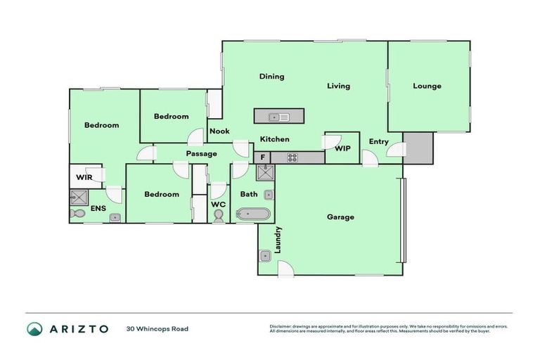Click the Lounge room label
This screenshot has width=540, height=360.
tap(427, 86)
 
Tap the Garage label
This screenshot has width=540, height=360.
tap(340, 217)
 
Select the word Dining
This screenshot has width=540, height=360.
tap(271, 77)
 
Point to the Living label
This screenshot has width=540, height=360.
tap(338, 86)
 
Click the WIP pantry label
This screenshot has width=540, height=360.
tap(342, 149)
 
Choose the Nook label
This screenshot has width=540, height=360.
tap(219, 131)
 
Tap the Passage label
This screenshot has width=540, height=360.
tap(201, 153)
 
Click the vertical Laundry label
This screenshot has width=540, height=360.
tap(278, 240)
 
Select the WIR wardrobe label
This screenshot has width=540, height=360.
tap(84, 177)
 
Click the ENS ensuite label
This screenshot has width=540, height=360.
tap(98, 209)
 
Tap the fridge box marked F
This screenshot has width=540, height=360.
tap(263, 157)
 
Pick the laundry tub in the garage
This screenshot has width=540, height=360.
tap(266, 256)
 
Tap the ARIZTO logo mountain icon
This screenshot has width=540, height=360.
tap(34, 328)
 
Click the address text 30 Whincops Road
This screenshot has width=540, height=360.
tap(157, 328)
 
